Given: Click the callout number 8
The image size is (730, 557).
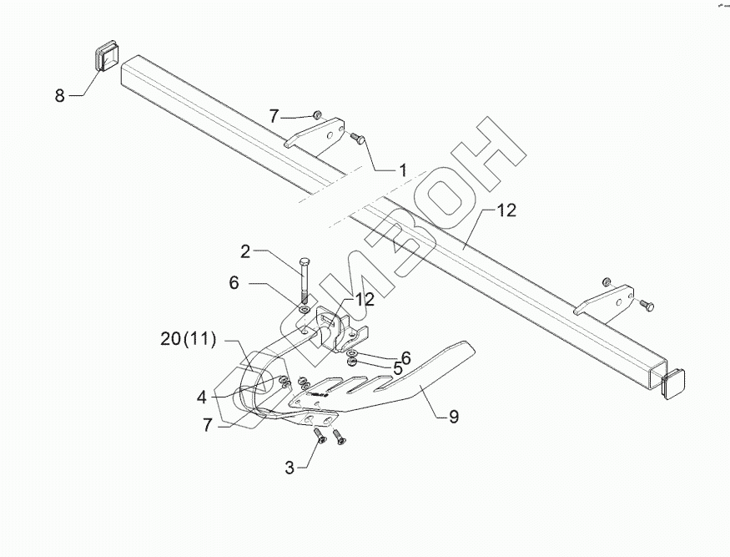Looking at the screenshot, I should coord(59,96).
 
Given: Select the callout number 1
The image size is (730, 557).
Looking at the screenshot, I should coord(402,170).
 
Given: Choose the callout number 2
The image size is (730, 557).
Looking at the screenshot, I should coord(245,250).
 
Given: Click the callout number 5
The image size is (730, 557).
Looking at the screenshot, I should coord(398,367).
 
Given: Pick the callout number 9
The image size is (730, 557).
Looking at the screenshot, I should coord(453,414).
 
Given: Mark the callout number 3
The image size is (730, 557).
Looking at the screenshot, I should coord(290,468).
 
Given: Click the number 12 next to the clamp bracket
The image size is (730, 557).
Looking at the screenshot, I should coord(364,299).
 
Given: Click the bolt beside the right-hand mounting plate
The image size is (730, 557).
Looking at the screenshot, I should coord(647,305).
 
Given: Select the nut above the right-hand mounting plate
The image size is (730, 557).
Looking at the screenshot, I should coord(607,281).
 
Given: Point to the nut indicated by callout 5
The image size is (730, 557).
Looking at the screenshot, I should coord(354,362).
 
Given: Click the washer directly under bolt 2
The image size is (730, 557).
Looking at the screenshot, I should coord(305,311).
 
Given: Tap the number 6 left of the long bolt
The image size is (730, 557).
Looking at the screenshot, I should coord(234,284).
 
